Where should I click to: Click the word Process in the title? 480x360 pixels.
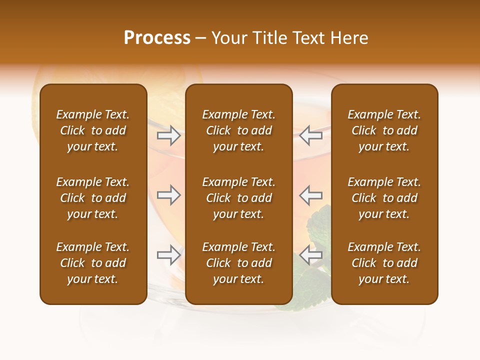pos(157,38)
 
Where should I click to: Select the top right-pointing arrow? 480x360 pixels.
pos(169,135)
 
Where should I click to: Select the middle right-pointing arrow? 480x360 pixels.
pos(169,195)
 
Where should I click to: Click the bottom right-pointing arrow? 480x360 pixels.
pos(169,255)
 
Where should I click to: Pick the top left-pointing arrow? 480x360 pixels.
pos(310,135)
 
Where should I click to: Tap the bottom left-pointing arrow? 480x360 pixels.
pos(310,255)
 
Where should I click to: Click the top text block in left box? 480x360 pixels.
pos(93,130)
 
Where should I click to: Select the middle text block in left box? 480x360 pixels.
pos(93,198)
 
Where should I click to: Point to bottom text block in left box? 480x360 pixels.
pos(93,263)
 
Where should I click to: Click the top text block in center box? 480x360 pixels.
pos(239,130)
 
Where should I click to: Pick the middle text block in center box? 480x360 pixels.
pos(239,198)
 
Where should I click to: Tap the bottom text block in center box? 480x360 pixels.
pos(239,263)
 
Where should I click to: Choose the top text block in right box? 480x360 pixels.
pos(384,130)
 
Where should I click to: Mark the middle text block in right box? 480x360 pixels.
pos(384,198)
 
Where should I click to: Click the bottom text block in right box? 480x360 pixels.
pos(384,263)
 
